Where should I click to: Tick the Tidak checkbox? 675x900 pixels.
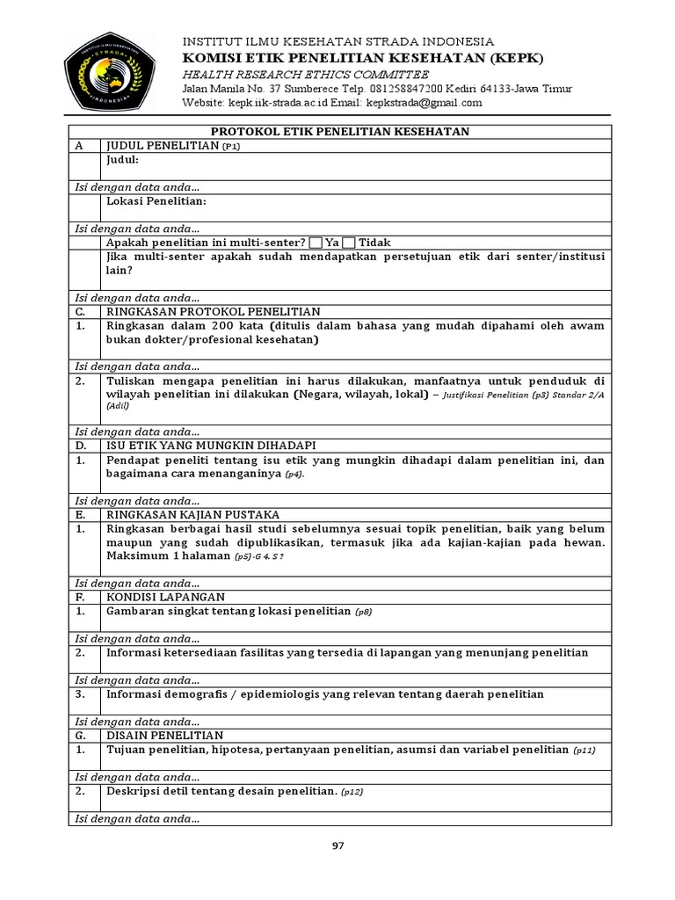(x=349, y=243)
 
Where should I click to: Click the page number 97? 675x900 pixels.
(x=337, y=846)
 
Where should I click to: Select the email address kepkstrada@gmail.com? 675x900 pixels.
(x=426, y=103)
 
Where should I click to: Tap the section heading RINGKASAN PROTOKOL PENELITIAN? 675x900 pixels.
(x=213, y=311)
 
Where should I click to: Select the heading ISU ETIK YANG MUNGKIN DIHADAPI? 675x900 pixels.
(x=211, y=446)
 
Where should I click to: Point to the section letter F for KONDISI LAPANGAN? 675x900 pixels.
(x=80, y=597)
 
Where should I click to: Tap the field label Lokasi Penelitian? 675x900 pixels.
(x=156, y=201)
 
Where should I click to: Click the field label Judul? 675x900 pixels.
(x=122, y=160)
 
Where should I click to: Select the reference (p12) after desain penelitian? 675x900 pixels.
(x=352, y=792)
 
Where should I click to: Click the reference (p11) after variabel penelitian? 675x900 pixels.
(x=584, y=751)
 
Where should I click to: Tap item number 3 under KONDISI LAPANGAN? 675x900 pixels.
(x=80, y=694)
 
